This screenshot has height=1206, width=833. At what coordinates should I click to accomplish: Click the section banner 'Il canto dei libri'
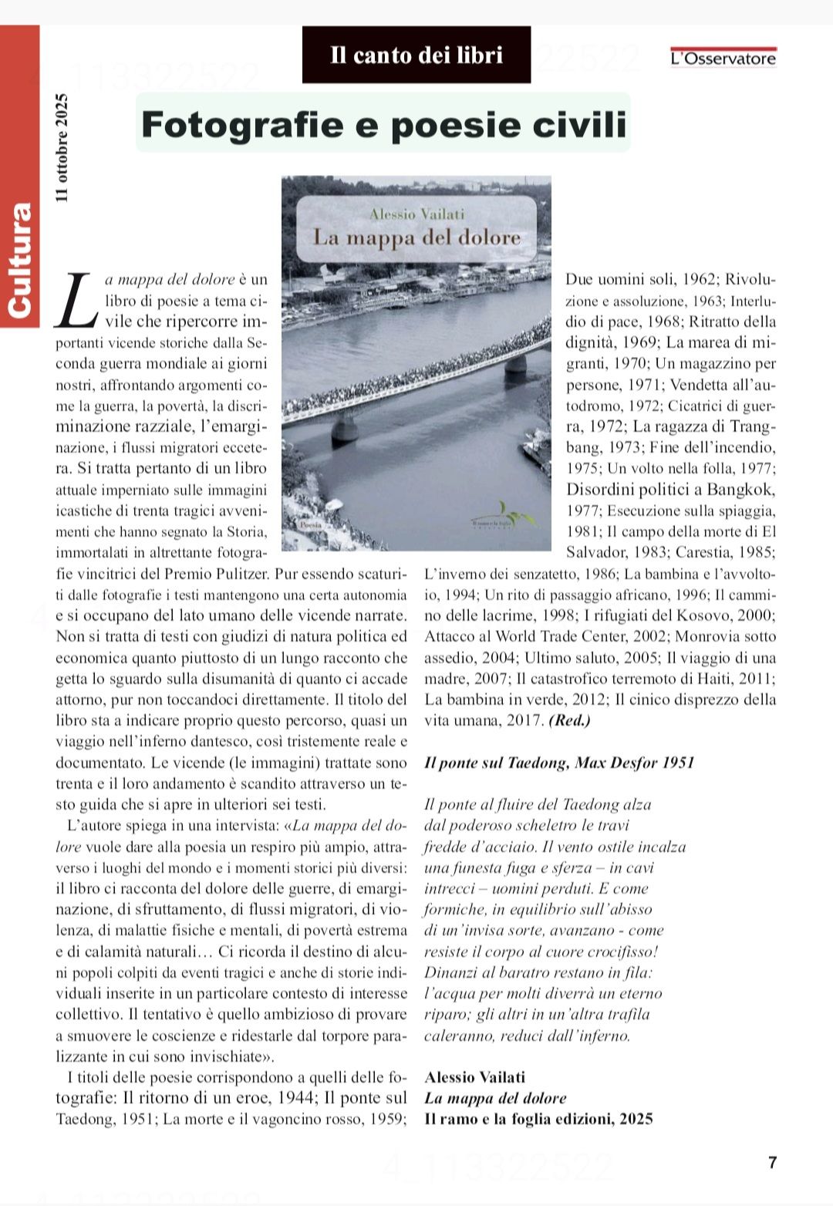point(416,55)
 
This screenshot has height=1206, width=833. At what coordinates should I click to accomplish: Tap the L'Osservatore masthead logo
point(723,58)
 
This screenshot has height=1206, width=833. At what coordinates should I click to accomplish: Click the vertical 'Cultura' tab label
point(19,259)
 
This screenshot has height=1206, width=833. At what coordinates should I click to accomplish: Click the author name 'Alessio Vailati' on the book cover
point(416,214)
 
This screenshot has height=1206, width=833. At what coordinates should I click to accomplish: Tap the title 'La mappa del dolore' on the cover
point(416,237)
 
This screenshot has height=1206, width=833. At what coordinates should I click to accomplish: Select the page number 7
point(772,1163)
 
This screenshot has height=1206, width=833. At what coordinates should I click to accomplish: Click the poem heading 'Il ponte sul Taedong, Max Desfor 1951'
point(559,763)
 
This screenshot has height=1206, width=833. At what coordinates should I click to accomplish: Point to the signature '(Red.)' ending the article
point(569,721)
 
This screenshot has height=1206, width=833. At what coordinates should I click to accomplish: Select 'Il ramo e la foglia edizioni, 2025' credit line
point(538,1119)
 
